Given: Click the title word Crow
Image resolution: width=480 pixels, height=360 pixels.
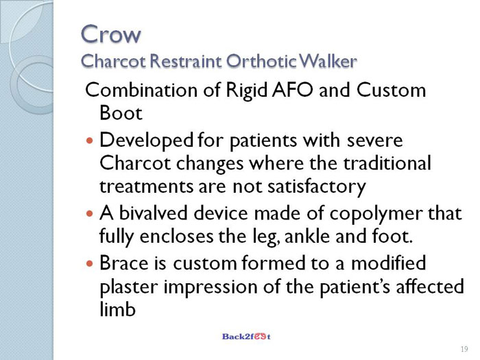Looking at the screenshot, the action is click(111, 34).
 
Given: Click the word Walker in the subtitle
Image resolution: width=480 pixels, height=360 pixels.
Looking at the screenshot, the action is click(328, 61).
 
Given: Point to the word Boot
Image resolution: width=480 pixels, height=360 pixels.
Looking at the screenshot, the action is click(121, 113).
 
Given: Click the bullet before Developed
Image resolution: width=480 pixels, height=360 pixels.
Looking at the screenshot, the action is click(89, 141).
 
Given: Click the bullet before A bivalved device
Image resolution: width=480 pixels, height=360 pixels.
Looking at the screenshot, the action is click(89, 213).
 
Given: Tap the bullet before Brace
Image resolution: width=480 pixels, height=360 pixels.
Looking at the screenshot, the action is click(89, 263).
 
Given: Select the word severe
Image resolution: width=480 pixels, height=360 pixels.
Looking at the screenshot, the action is click(374, 141).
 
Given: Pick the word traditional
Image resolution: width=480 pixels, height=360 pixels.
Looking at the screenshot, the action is click(387, 163).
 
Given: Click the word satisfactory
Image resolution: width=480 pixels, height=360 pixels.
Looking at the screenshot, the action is click(317, 187).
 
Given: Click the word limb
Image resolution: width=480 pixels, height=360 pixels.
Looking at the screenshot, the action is click(117, 309).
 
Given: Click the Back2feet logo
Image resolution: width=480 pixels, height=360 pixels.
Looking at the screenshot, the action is click(246, 337).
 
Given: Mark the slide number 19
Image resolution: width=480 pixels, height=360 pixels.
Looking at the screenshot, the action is click(464, 349).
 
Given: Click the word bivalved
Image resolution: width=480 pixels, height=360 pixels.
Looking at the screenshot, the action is click(153, 213).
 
